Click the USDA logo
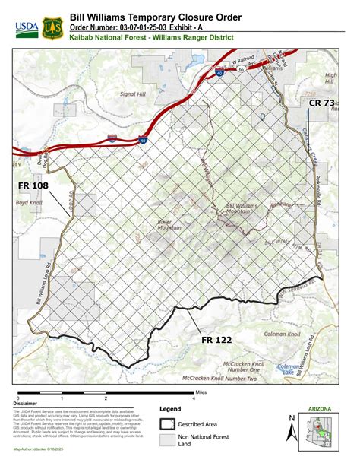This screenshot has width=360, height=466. (x=26, y=28)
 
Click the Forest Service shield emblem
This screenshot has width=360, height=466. (x=52, y=28)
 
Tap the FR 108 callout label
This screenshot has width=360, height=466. (x=34, y=185)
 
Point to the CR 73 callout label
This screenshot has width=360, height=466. (x=321, y=102)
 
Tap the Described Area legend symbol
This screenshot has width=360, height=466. (x=168, y=424)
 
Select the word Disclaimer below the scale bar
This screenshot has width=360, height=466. (x=27, y=404)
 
